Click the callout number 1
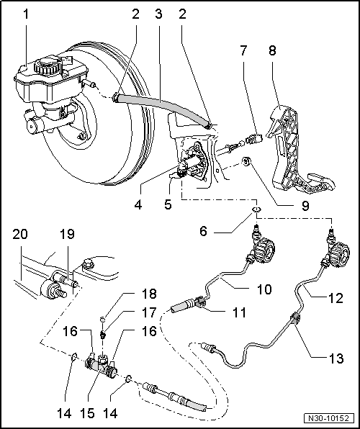pyautogui.click(x=26, y=13)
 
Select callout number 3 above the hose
pyautogui.click(x=159, y=13)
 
